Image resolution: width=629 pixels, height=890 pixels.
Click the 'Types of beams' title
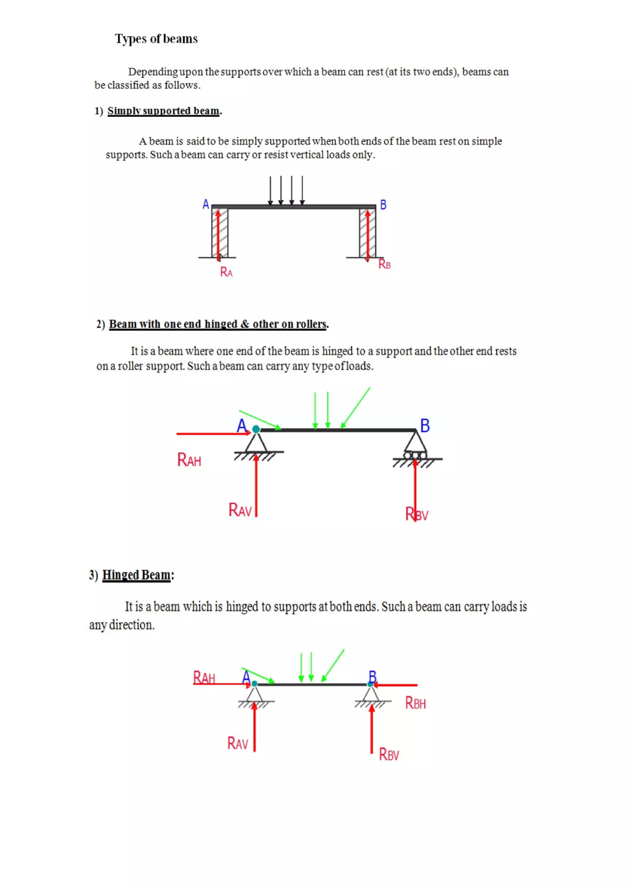tap(156, 39)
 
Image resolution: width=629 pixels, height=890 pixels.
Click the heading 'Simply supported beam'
tap(163, 111)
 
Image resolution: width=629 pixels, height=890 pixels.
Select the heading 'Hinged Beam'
tap(136, 575)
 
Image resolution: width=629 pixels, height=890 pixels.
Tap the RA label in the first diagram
tap(226, 272)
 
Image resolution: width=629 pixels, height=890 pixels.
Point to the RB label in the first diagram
tap(384, 264)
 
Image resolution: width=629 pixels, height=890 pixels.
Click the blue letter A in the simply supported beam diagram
tap(206, 204)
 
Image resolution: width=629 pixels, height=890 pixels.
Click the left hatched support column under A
tap(220, 233)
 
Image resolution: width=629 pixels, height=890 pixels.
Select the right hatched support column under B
tap(367, 233)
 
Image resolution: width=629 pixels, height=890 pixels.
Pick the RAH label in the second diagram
tap(189, 460)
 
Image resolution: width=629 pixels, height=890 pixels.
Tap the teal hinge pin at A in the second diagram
tap(256, 429)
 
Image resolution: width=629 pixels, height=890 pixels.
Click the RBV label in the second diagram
tap(417, 514)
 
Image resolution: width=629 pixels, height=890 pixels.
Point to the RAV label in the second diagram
tap(240, 510)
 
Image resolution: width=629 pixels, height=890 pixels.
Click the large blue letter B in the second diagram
tap(425, 426)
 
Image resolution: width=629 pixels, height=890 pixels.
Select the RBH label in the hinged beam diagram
tap(415, 703)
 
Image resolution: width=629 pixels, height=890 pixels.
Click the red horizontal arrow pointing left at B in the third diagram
tap(395, 685)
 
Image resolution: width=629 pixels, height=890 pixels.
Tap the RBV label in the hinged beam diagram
tap(389, 754)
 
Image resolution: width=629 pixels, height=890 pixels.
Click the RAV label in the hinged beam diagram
tap(237, 743)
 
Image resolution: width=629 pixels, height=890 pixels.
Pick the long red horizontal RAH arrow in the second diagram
tap(213, 434)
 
